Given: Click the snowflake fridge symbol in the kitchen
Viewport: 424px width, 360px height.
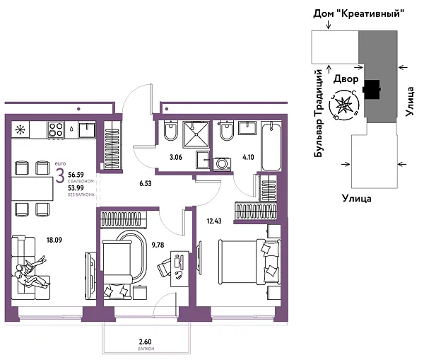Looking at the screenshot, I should [x=20, y=129].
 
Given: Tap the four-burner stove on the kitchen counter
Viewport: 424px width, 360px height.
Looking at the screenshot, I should [x=57, y=129].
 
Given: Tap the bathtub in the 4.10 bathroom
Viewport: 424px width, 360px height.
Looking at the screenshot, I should [x=272, y=147].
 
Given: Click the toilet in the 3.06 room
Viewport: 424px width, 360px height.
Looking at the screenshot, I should [x=170, y=133].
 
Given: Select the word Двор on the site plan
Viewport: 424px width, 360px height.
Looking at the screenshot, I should [x=346, y=79].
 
